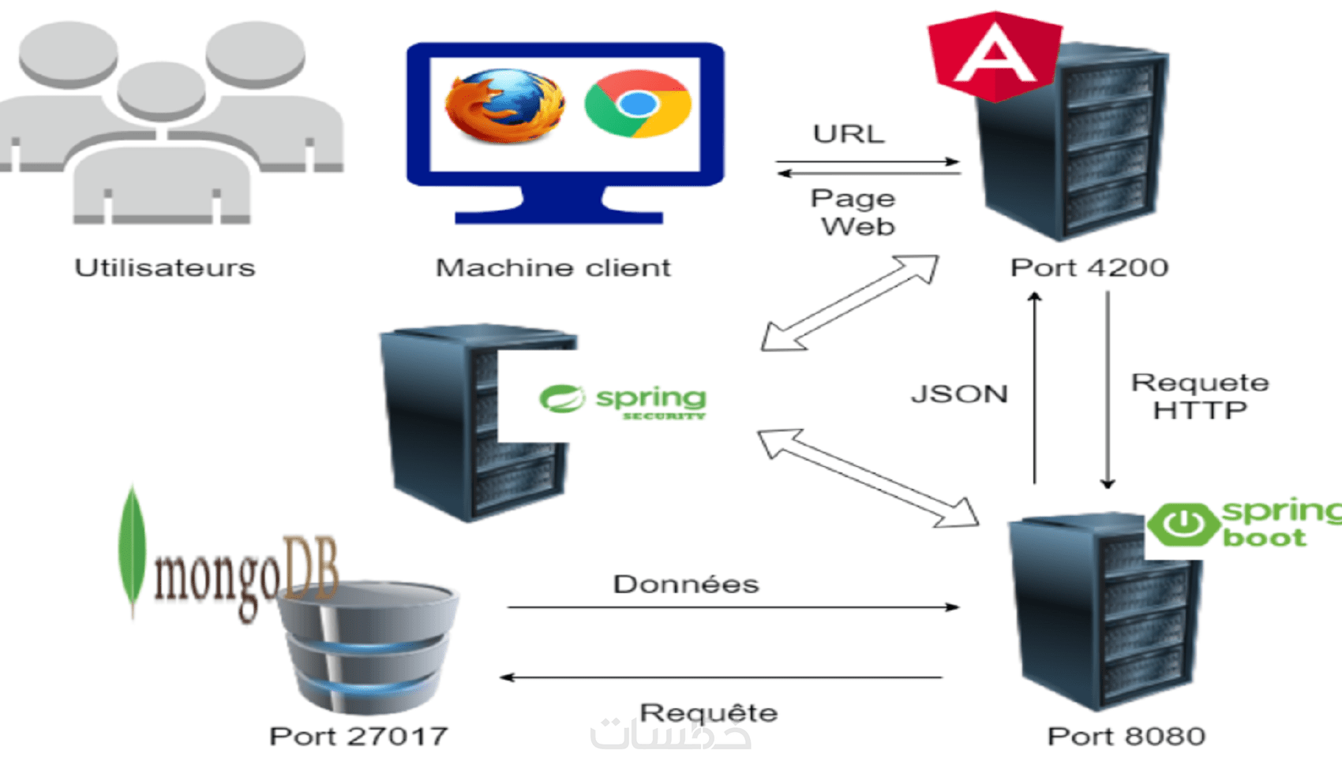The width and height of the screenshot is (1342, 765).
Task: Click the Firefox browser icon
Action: pyautogui.click(x=504, y=106)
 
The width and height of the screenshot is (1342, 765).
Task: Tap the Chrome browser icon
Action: pyautogui.click(x=638, y=104)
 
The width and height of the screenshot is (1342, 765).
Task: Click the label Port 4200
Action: pyautogui.click(x=1089, y=268)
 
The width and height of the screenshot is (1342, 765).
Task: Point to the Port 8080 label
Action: pyautogui.click(x=1126, y=737)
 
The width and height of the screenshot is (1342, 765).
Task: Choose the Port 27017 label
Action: pyautogui.click(x=358, y=737)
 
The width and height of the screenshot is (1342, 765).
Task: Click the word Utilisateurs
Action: pyautogui.click(x=165, y=268)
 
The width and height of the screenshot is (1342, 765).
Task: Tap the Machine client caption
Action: pyautogui.click(x=553, y=268)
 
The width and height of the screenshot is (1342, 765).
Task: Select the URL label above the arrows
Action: pyautogui.click(x=849, y=134)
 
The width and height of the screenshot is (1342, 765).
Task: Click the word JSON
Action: pyautogui.click(x=959, y=394)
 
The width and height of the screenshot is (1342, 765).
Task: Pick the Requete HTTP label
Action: pyautogui.click(x=1200, y=397)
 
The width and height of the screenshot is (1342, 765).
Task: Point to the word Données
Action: pyautogui.click(x=686, y=584)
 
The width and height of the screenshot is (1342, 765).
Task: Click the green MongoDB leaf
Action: pyautogui.click(x=133, y=548)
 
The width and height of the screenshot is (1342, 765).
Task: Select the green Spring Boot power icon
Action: pyautogui.click(x=1182, y=523)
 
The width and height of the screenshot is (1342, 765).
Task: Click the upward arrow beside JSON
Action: pyautogui.click(x=1035, y=386)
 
